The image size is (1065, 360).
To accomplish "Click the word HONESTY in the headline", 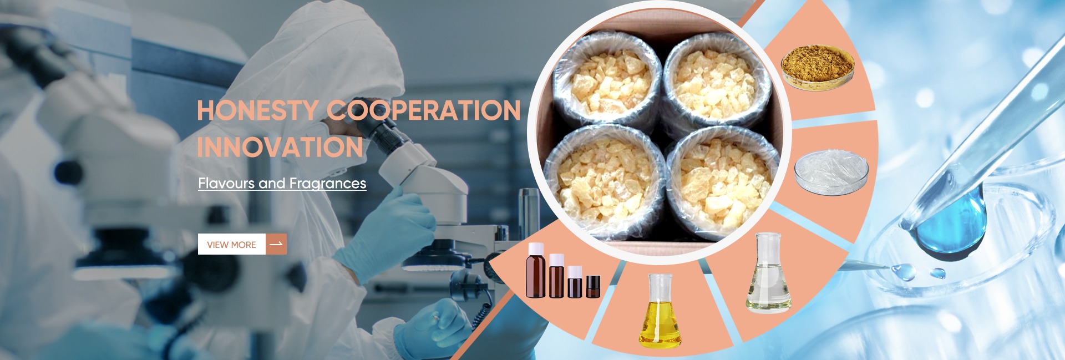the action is click(257, 110).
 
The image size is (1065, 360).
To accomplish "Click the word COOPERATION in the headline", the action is click(424, 110).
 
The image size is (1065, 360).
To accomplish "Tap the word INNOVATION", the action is click(280, 147).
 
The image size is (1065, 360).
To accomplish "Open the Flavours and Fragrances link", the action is click(282, 183).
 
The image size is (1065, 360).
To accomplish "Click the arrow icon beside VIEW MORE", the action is click(276, 244).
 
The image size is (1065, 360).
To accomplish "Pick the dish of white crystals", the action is click(831, 172).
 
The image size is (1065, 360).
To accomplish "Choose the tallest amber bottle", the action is click(536, 271).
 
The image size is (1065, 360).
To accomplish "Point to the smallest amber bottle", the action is click(593, 286).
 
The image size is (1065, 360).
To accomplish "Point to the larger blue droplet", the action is click(904, 271).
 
